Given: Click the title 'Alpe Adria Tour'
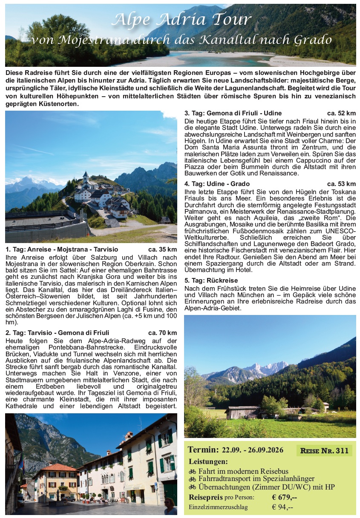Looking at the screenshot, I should point(181,20).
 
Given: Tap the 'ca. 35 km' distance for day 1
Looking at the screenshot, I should point(162,249).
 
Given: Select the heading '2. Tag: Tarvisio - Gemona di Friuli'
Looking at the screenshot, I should point(58,333).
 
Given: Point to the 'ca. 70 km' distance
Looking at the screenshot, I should point(162,333).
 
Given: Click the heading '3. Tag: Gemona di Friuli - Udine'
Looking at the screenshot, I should point(233,113).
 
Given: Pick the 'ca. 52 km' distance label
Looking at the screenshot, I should point(341,113).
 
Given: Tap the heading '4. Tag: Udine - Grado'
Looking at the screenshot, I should point(217,184).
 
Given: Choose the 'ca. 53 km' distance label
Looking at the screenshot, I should point(341,184).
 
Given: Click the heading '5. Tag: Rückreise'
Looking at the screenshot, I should point(211,280).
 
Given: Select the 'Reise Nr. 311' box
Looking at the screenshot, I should point(324,451).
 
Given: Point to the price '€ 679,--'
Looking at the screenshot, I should point(284,497).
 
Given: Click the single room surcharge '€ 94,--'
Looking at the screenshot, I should point(282,507).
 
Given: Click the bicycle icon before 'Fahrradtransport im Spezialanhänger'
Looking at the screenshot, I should point(192,479).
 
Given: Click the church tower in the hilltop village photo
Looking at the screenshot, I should point(86,177).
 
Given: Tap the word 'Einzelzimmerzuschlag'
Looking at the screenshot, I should point(218,507).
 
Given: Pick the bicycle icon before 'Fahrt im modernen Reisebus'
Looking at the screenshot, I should point(192,472).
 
